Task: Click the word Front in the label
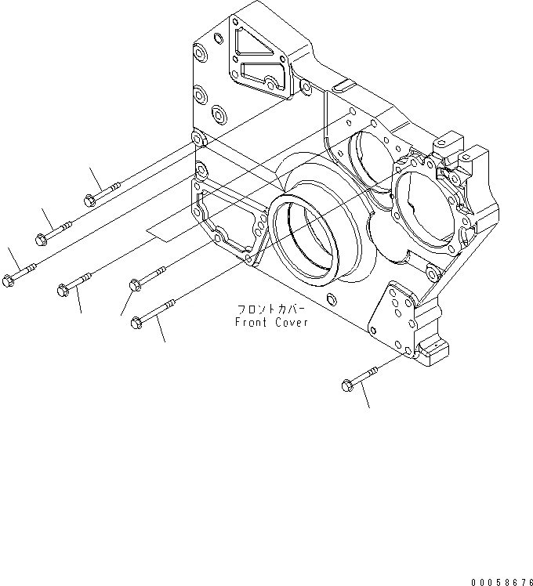pyautogui.click(x=252, y=323)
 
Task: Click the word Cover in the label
pyautogui.click(x=290, y=323)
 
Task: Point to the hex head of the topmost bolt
pyautogui.click(x=89, y=199)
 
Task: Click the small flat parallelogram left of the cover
pyautogui.click(x=169, y=228)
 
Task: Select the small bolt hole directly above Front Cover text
pyautogui.click(x=331, y=298)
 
